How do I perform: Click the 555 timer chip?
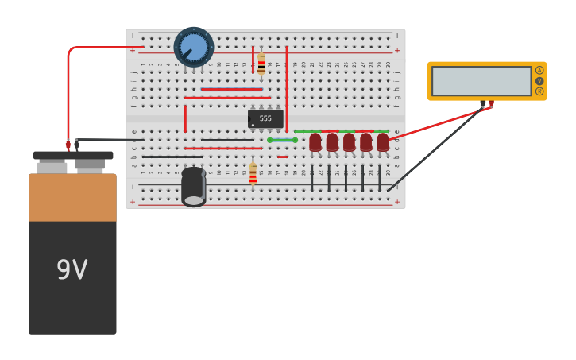[265, 118]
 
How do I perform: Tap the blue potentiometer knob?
[194, 47]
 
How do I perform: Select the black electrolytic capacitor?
[193, 187]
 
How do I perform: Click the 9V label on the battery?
[72, 270]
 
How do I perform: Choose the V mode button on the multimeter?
[539, 81]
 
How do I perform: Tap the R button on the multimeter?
[539, 91]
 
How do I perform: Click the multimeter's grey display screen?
[481, 81]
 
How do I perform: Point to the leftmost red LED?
[315, 141]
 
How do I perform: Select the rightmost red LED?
[383, 141]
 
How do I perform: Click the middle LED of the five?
[349, 141]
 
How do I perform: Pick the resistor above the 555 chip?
[261, 64]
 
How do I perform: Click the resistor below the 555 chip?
[253, 173]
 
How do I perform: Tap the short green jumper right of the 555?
[282, 140]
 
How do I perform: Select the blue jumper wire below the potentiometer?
[231, 89]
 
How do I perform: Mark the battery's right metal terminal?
[90, 165]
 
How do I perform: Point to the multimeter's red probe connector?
[491, 103]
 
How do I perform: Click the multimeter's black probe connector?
[482, 103]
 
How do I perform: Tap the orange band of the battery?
[72, 197]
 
